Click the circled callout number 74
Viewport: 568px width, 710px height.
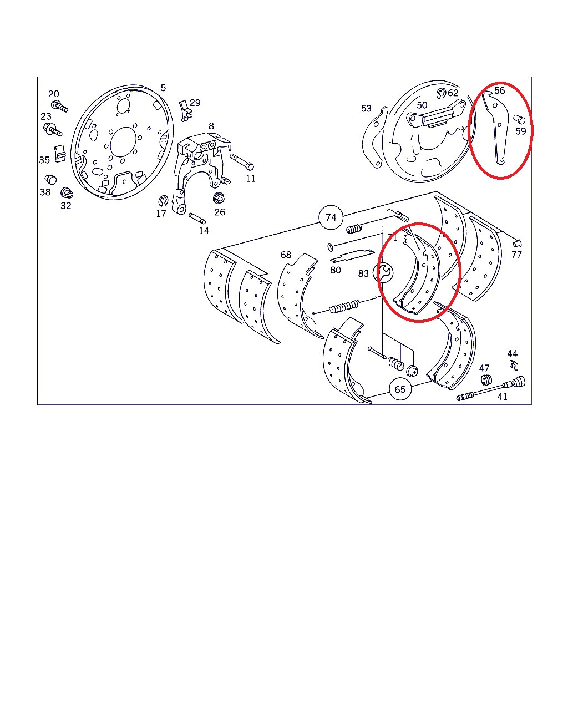tap(331, 217)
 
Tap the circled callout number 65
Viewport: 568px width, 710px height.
tap(400, 389)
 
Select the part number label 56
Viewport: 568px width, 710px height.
tap(499, 90)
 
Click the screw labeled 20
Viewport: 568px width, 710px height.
tap(59, 106)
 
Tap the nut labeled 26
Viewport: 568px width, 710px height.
tap(219, 198)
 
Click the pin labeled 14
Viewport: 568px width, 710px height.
tap(197, 219)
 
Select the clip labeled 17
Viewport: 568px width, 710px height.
tap(163, 200)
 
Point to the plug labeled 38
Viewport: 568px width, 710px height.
tap(50, 180)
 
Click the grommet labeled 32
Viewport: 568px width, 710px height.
tap(67, 192)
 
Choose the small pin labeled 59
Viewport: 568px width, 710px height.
tap(519, 119)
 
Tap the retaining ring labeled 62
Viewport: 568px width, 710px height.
tap(442, 93)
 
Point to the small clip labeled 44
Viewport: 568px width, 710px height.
tap(514, 365)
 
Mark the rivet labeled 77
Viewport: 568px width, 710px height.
tap(517, 243)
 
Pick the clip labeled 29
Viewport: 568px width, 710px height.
tap(186, 111)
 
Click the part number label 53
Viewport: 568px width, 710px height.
tap(366, 109)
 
